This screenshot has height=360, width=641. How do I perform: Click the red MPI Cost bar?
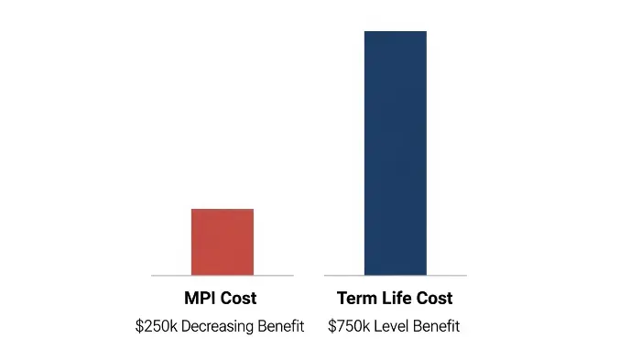[222, 242]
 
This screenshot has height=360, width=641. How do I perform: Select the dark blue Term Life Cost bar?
[395, 153]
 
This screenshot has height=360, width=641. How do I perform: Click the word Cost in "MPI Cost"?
[240, 299]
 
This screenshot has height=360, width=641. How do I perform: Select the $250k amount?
[156, 326]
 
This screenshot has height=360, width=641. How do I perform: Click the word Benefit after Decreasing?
[279, 326]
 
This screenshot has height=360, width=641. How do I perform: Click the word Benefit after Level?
[437, 326]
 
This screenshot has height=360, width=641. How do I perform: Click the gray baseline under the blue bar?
[344, 275]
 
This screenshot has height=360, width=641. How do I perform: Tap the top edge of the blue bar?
[395, 32]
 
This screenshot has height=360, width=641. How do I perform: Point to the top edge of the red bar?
[222, 210]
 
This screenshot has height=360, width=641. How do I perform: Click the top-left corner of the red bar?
[191, 210]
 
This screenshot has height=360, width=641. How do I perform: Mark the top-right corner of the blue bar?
[426, 32]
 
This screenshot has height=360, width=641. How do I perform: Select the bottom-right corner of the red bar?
[253, 274]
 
